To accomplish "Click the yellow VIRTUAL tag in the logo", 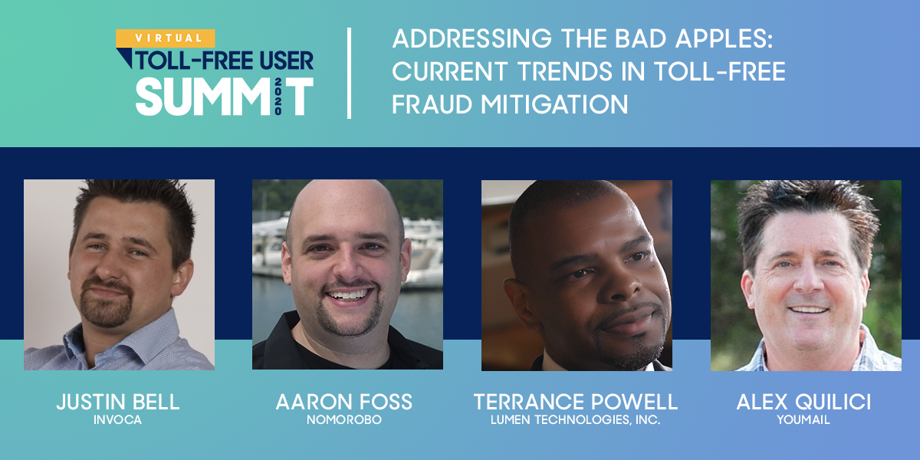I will point(165,38).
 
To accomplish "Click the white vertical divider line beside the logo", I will point(350,73).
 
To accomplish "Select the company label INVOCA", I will point(118,420).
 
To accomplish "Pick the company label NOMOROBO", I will point(343,420).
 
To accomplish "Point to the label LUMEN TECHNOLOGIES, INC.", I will point(576,420).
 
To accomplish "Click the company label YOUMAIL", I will point(803,420).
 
